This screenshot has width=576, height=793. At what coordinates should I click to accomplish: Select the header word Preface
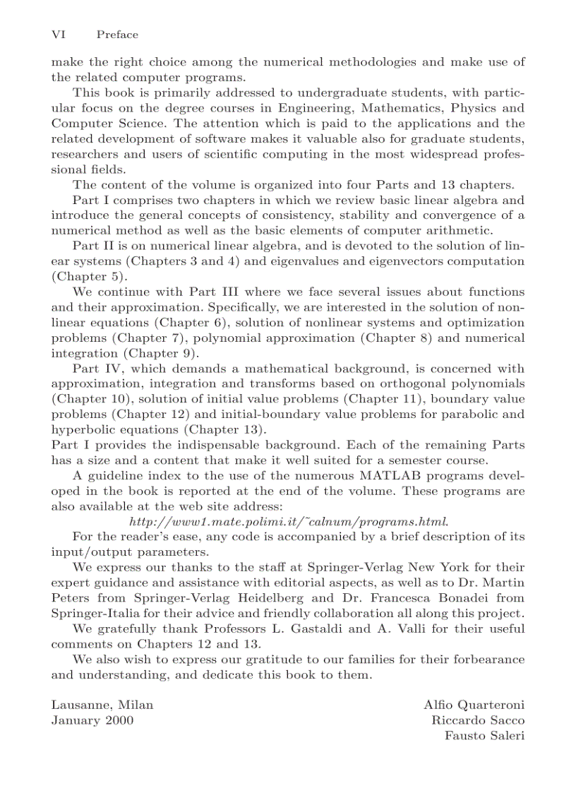pyautogui.click(x=117, y=35)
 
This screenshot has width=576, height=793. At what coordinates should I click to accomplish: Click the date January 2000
pyautogui.click(x=92, y=720)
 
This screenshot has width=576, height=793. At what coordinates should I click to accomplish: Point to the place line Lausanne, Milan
pyautogui.click(x=102, y=705)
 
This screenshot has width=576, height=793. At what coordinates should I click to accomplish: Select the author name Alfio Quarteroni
pyautogui.click(x=474, y=705)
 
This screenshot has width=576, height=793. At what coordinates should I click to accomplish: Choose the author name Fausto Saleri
pyautogui.click(x=484, y=736)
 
